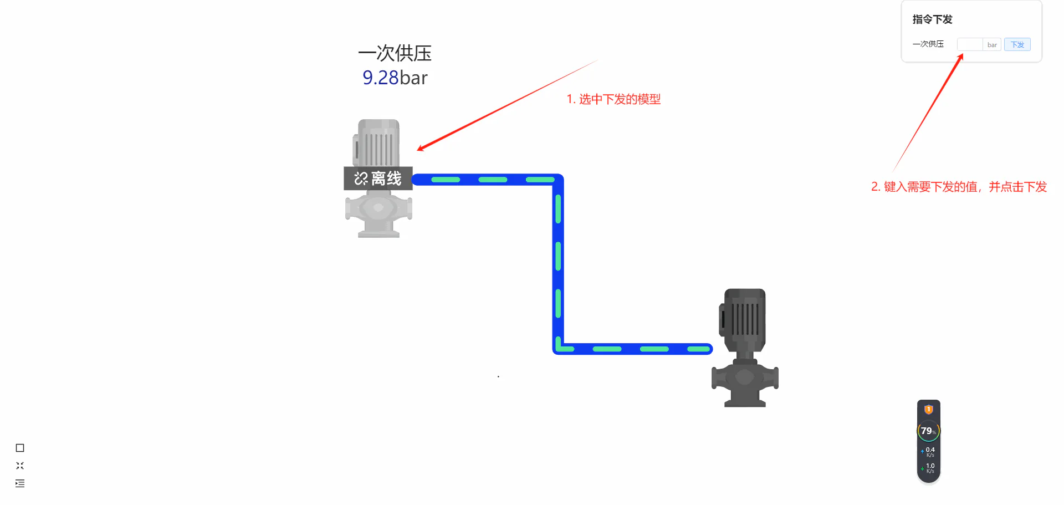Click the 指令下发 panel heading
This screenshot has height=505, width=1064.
click(x=932, y=19)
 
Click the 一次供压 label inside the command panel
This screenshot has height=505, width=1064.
click(x=928, y=44)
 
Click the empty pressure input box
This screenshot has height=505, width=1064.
click(x=970, y=44)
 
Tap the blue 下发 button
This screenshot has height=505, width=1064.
click(x=1017, y=44)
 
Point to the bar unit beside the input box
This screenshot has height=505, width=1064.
click(x=992, y=45)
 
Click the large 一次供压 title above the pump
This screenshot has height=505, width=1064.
click(x=395, y=53)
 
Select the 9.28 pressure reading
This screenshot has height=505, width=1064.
click(x=381, y=78)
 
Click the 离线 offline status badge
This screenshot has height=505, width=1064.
click(x=378, y=178)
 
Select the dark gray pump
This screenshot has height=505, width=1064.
click(x=745, y=348)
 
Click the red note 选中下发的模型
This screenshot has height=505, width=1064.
click(x=620, y=99)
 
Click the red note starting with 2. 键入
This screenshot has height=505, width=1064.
click(x=959, y=187)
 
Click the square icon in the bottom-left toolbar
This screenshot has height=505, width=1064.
click(x=20, y=448)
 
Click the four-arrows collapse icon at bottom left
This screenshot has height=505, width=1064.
click(x=20, y=466)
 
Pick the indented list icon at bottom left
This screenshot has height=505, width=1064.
click(x=20, y=483)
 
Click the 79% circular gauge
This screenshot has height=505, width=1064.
click(x=928, y=431)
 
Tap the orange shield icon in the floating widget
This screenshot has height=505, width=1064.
click(x=929, y=410)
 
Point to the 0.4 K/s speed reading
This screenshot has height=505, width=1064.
click(x=929, y=452)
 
